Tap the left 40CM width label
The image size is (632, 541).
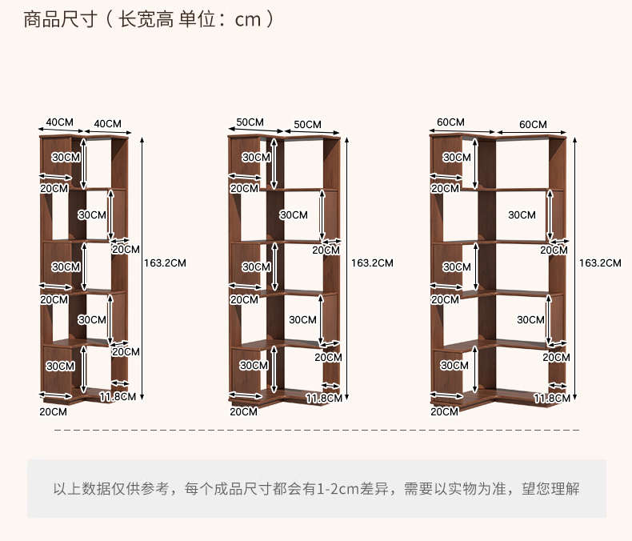pos(59,122)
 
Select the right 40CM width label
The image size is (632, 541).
pos(108,123)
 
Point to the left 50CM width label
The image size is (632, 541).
pos(250,122)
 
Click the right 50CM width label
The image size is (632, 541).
pos(307,124)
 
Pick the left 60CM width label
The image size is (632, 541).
pos(450,122)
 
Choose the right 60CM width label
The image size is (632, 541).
pos(533,124)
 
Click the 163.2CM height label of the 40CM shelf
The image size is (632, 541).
pos(165,262)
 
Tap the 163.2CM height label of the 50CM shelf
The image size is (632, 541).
pos(372,262)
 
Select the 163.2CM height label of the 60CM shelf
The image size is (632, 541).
pos(600,262)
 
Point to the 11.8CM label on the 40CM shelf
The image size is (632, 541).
pos(116,397)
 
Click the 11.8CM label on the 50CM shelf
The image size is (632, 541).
pos(323,398)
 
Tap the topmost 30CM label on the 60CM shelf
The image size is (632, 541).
pos(457,158)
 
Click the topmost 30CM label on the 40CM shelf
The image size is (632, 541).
pos(66,158)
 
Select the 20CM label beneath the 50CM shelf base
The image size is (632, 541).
pos(244,411)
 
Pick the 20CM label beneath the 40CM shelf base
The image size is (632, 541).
pos(54,411)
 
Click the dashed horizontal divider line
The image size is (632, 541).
pos(316,431)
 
